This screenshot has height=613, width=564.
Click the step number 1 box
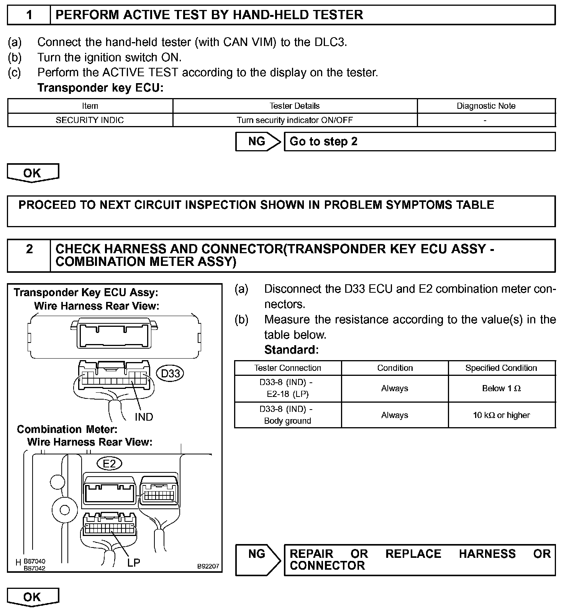click(x=29, y=15)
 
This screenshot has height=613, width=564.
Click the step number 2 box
click(x=29, y=255)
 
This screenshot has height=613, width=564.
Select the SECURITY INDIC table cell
click(x=90, y=120)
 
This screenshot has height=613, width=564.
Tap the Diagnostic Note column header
click(x=486, y=106)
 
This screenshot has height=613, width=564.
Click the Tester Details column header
click(x=294, y=106)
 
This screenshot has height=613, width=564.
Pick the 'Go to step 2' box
click(x=419, y=141)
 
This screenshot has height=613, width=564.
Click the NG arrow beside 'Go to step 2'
click(x=257, y=141)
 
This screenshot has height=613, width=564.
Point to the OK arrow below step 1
click(x=33, y=173)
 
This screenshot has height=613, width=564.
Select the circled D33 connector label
click(x=171, y=373)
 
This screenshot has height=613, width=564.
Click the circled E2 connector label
click(x=109, y=464)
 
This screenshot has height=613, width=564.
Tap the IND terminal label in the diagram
click(x=144, y=417)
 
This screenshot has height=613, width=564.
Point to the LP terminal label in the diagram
click(x=134, y=562)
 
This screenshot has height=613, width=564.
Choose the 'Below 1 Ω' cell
click(x=501, y=388)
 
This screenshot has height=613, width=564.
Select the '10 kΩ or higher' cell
click(x=501, y=415)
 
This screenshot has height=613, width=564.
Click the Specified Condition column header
click(x=501, y=368)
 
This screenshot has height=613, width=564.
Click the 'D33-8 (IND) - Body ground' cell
click(x=287, y=415)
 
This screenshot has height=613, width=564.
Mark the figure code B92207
click(x=208, y=566)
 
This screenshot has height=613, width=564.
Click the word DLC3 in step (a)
click(x=330, y=42)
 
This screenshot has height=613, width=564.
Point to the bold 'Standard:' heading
click(x=291, y=349)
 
